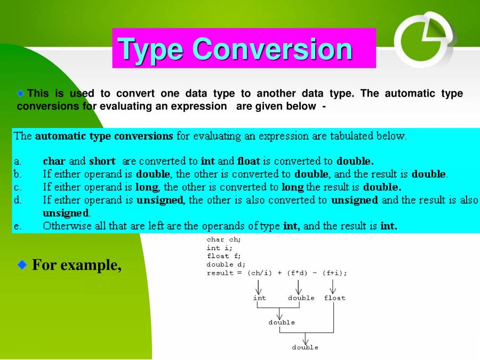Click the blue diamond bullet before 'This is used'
pos(21,93)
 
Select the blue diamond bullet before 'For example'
pos(22,265)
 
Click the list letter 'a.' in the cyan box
pos(18,161)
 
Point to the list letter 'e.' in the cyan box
pos(18,226)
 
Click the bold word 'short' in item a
pos(102,161)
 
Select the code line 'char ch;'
pos(223,240)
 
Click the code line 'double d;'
pos(226,265)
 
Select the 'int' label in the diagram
pos(259,298)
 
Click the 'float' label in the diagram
pos(334,298)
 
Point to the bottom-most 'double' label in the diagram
pos(305,348)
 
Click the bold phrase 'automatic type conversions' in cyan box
pos(104,136)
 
